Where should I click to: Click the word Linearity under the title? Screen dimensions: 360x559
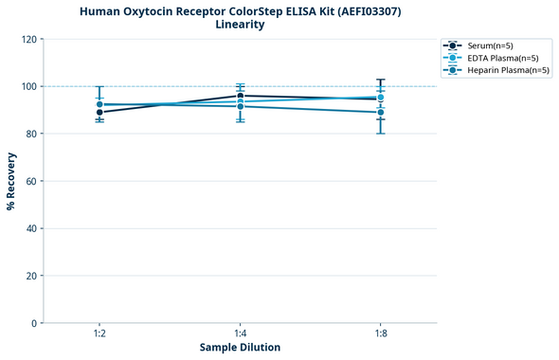pos(239,25)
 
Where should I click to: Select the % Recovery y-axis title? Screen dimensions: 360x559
pos(11,181)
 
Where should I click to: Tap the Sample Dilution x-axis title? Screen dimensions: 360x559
pos(240,348)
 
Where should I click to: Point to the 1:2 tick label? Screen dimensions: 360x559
pos(99,333)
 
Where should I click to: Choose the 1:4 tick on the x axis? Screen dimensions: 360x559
pos(240,333)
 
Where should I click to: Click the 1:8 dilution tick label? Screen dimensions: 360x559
pos(381,333)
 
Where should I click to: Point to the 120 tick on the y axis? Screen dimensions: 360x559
pos(29,39)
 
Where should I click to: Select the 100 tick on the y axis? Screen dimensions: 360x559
pos(29,86)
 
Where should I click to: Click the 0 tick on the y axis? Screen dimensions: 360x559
pos(35,323)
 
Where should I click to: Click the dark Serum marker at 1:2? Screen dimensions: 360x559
pos(99,113)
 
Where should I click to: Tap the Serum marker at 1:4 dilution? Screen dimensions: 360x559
pos(241,96)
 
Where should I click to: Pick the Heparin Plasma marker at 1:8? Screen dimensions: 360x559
pos(381,113)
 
